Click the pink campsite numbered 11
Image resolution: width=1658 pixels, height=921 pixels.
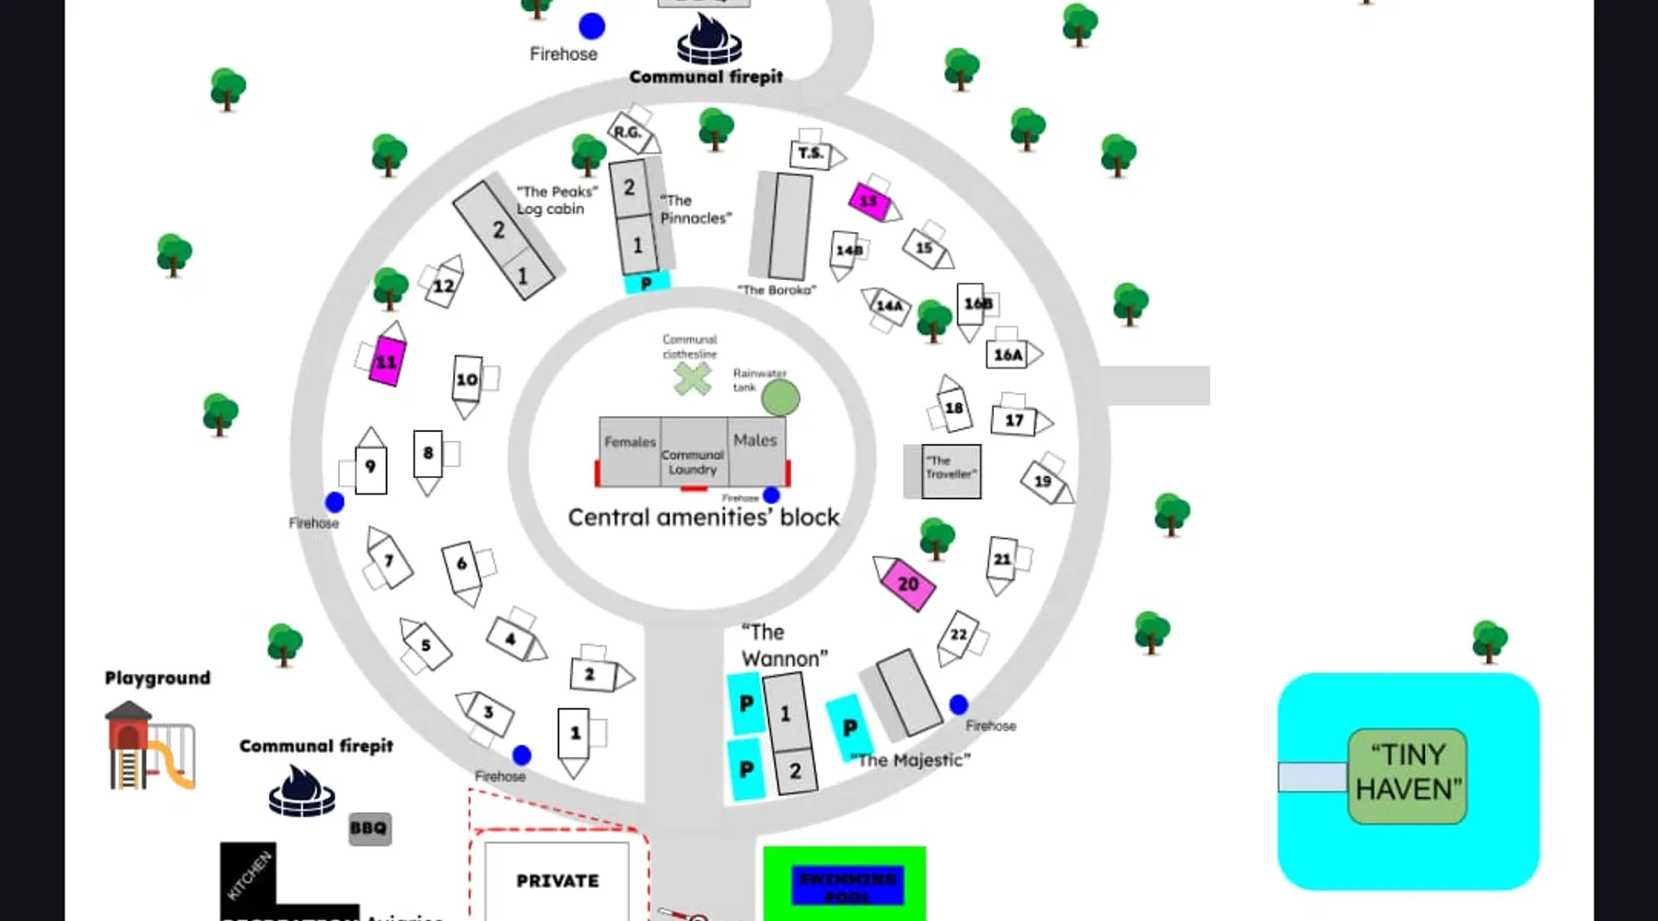coord(387,361)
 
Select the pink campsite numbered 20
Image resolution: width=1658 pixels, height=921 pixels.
coord(907,584)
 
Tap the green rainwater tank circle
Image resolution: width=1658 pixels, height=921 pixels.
coord(781,398)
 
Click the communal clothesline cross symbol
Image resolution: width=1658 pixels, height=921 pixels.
coord(692,379)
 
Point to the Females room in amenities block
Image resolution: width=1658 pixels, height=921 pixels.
coord(630,451)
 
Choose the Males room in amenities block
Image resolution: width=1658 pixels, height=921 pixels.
coord(756,450)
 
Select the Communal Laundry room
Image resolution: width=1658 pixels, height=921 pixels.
coord(694,460)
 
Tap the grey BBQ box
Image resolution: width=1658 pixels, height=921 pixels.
coord(369,828)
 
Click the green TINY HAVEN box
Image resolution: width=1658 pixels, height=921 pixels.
coord(1407,775)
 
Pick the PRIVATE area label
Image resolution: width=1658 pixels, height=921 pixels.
coord(557,881)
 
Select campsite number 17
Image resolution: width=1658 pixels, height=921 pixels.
coord(1013,421)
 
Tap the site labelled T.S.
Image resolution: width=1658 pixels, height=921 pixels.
coord(811,154)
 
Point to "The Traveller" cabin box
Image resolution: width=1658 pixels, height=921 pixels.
coord(951,472)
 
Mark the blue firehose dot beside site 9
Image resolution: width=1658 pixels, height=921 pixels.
coord(334,502)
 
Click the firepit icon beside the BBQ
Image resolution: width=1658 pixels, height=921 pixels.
coord(301,791)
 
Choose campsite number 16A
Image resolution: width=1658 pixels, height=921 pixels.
coord(1008,355)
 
